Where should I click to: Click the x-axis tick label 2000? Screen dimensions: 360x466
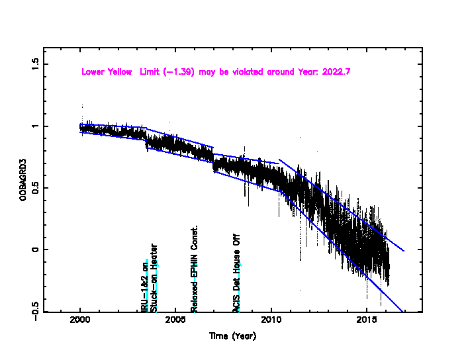(80, 322)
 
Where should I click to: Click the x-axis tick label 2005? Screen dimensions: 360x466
(175, 322)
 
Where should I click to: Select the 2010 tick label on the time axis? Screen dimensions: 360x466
(271, 322)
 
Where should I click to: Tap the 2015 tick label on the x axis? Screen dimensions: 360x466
(367, 322)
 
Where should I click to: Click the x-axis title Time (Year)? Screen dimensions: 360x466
(232, 336)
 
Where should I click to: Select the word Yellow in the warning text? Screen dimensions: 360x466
(122, 71)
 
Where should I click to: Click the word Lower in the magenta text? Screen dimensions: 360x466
(93, 71)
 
